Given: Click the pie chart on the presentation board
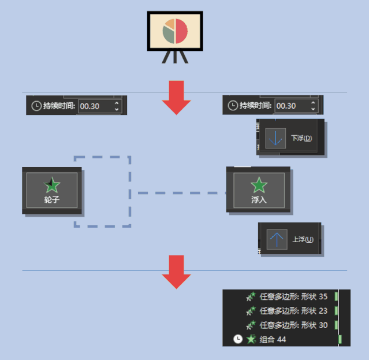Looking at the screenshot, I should pyautogui.click(x=174, y=31).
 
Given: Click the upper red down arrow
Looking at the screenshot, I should pyautogui.click(x=176, y=98).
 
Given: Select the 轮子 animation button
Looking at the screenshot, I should pyautogui.click(x=52, y=191).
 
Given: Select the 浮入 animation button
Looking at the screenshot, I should pyautogui.click(x=259, y=190).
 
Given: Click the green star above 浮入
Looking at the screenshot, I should pyautogui.click(x=259, y=185).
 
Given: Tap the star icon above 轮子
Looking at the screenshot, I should pyautogui.click(x=52, y=185).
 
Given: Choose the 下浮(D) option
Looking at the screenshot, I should pyautogui.click(x=301, y=138).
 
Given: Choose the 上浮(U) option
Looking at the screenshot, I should pyautogui.click(x=302, y=239).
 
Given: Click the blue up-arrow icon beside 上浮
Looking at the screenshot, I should pyautogui.click(x=277, y=239).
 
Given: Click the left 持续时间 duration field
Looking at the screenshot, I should pyautogui.click(x=95, y=106).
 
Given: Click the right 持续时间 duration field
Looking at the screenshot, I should pyautogui.click(x=292, y=106).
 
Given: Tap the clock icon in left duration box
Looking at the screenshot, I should pyautogui.click(x=36, y=106).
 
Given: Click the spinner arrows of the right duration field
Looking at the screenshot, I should pyautogui.click(x=313, y=106).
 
